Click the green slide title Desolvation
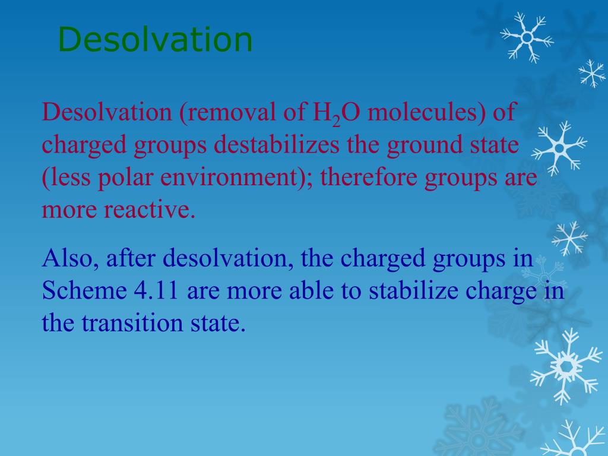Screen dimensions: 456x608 click(x=156, y=40)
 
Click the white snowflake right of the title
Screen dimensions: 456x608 click(x=526, y=37)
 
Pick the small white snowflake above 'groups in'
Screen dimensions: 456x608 click(x=569, y=237)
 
